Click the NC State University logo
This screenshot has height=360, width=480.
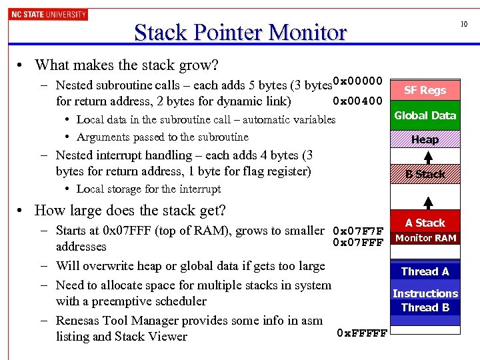tap(48, 14)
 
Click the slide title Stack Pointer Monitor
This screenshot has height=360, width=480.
tap(240, 32)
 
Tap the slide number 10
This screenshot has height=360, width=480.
tap(464, 24)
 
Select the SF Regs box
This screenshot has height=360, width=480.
tap(425, 90)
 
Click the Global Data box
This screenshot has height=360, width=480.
tap(425, 115)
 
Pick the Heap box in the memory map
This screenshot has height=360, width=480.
tap(425, 139)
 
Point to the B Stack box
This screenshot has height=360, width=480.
tap(425, 174)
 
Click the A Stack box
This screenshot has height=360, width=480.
tap(425, 223)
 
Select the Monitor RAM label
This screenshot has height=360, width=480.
tap(425, 238)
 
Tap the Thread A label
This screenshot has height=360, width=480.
tap(425, 271)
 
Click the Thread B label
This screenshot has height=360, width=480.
tap(425, 307)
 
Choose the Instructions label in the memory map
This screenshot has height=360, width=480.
tap(425, 293)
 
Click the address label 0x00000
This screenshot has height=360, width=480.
tap(357, 81)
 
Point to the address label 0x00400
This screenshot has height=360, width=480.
tap(357, 101)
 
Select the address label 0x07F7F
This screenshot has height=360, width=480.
tap(358, 231)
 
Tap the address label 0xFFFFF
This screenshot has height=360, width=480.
tap(362, 333)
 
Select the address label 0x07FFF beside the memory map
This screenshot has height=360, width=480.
tap(358, 243)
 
